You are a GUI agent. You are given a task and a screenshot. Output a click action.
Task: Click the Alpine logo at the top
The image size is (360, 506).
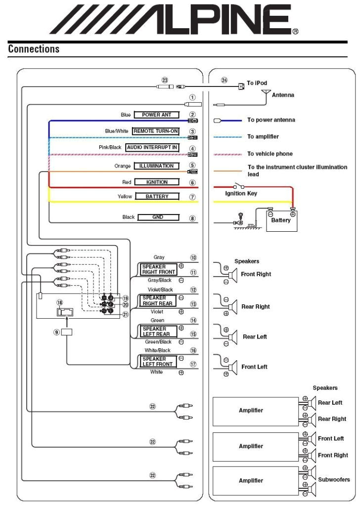[173, 20]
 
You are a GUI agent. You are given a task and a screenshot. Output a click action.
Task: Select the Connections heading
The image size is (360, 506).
[34, 49]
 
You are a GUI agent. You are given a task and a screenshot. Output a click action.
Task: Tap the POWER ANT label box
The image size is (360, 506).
[156, 115]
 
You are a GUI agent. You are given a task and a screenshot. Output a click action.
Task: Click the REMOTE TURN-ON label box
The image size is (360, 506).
[155, 131]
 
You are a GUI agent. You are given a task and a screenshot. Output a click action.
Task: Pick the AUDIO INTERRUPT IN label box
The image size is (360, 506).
[152, 147]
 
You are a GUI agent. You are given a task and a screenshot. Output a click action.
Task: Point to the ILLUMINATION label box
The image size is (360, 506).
[156, 166]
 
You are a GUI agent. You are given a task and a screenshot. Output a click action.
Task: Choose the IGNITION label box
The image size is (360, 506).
[157, 182]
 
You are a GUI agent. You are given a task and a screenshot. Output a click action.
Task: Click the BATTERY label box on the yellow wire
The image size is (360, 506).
[157, 196]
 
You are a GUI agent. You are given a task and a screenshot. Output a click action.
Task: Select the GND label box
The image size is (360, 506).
[158, 217]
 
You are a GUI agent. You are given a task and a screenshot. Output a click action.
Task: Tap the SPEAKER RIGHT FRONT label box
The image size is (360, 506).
[159, 269]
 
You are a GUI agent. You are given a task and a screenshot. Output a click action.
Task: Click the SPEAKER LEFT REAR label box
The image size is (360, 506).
[156, 331]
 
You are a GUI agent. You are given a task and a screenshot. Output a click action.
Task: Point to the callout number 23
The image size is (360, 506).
[165, 80]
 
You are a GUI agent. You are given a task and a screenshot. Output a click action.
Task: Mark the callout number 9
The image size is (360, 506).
[57, 333]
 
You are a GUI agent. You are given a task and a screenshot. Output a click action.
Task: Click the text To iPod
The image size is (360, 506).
[257, 83]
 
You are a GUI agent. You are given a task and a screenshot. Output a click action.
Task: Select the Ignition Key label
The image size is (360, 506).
[241, 193]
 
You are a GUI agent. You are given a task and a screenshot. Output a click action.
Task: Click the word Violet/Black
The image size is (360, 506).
[160, 290]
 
